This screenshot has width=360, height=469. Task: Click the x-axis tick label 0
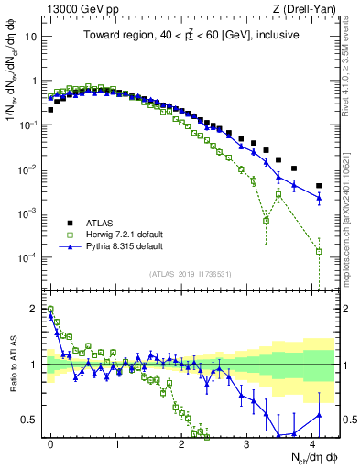coord(50,443)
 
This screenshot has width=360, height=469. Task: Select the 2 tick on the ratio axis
coord(39,309)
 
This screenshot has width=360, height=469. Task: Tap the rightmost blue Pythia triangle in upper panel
coord(319,197)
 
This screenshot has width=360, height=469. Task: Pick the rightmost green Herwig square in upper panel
coord(319,251)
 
